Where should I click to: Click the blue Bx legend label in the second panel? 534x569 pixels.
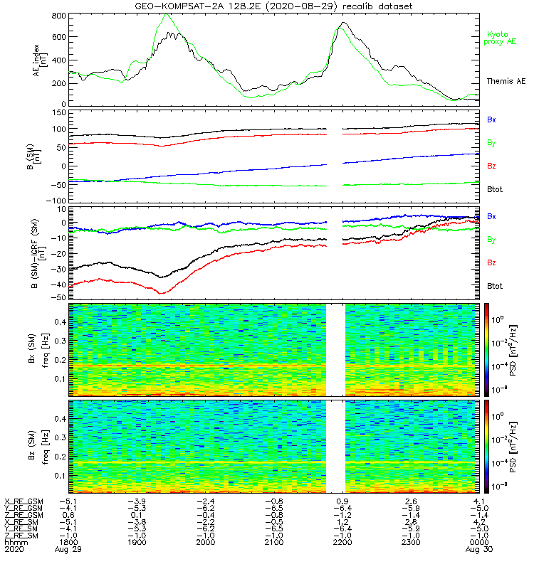point(491,120)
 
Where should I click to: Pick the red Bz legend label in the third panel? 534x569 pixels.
point(491,262)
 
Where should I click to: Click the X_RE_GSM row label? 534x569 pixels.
point(23,501)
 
